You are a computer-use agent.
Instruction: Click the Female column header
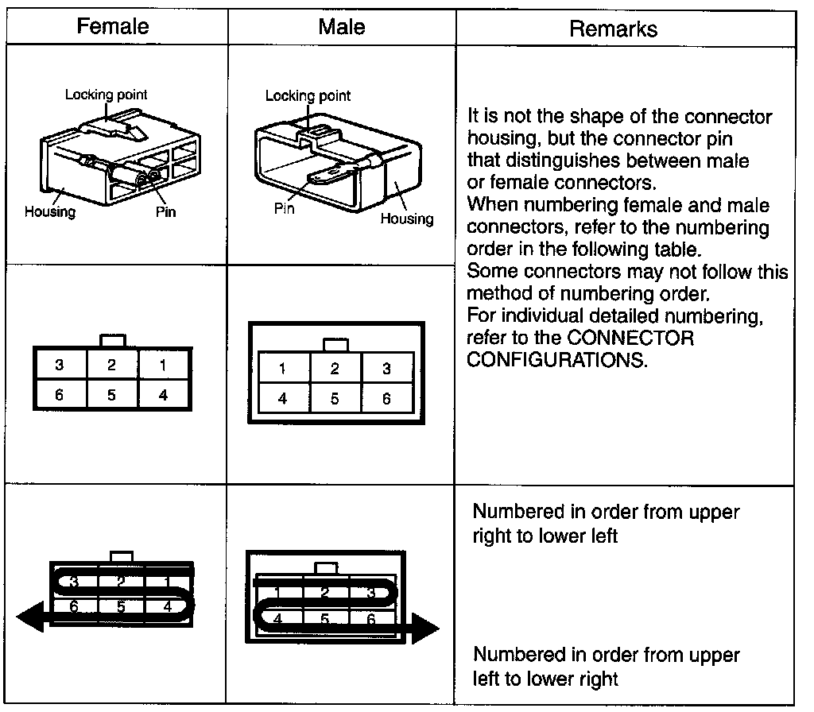click(112, 26)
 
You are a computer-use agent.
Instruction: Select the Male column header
click(341, 26)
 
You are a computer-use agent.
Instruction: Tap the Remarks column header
click(613, 29)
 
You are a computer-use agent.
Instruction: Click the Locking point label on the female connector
click(106, 95)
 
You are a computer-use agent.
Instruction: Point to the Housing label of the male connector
click(406, 219)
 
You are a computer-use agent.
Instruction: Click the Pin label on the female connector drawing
click(165, 211)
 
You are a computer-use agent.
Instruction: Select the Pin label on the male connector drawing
click(284, 209)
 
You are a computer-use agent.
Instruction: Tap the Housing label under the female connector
click(49, 211)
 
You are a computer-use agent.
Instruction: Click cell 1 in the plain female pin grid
click(164, 366)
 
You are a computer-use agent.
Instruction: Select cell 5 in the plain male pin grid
click(335, 399)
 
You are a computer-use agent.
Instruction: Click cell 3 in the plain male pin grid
click(386, 369)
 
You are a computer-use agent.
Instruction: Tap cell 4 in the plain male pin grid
click(282, 399)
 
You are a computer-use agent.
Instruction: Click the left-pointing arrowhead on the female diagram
click(30, 617)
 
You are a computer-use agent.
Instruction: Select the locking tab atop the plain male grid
click(335, 345)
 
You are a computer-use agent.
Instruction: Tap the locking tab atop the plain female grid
click(112, 340)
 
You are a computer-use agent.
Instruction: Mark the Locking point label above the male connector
click(307, 96)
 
